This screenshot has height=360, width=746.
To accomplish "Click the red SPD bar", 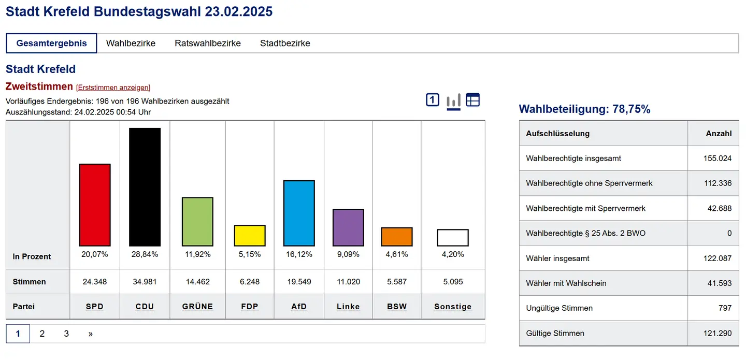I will coord(95,205).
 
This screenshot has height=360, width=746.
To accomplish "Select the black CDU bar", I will coord(145,187).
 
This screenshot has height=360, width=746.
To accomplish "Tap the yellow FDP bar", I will coord(250,236).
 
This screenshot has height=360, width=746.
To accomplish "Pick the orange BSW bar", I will coord(397,237).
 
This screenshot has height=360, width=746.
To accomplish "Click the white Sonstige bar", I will coord(453,238).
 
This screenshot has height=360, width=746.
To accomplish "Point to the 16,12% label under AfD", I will coord(299,254).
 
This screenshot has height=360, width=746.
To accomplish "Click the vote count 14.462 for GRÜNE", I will coord(197,282).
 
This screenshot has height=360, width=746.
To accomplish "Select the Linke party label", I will coord(348,307).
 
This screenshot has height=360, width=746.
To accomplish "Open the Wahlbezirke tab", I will coord(131,44).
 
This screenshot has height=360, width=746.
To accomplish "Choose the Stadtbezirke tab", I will coord(285,44).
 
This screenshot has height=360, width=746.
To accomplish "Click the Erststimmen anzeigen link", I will coord(113,88).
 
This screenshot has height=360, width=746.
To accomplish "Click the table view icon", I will coord(473,100).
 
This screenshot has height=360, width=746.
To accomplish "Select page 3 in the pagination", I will coord(66,334).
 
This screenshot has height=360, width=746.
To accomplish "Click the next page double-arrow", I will coord(90,334).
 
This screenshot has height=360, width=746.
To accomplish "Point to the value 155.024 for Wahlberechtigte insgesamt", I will coord(717,159).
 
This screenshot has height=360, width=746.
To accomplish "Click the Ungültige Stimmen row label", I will coord(559,308).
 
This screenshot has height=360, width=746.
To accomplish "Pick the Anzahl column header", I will coord(719,133).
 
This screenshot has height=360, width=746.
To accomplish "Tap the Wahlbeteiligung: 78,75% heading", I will coord(584,109).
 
